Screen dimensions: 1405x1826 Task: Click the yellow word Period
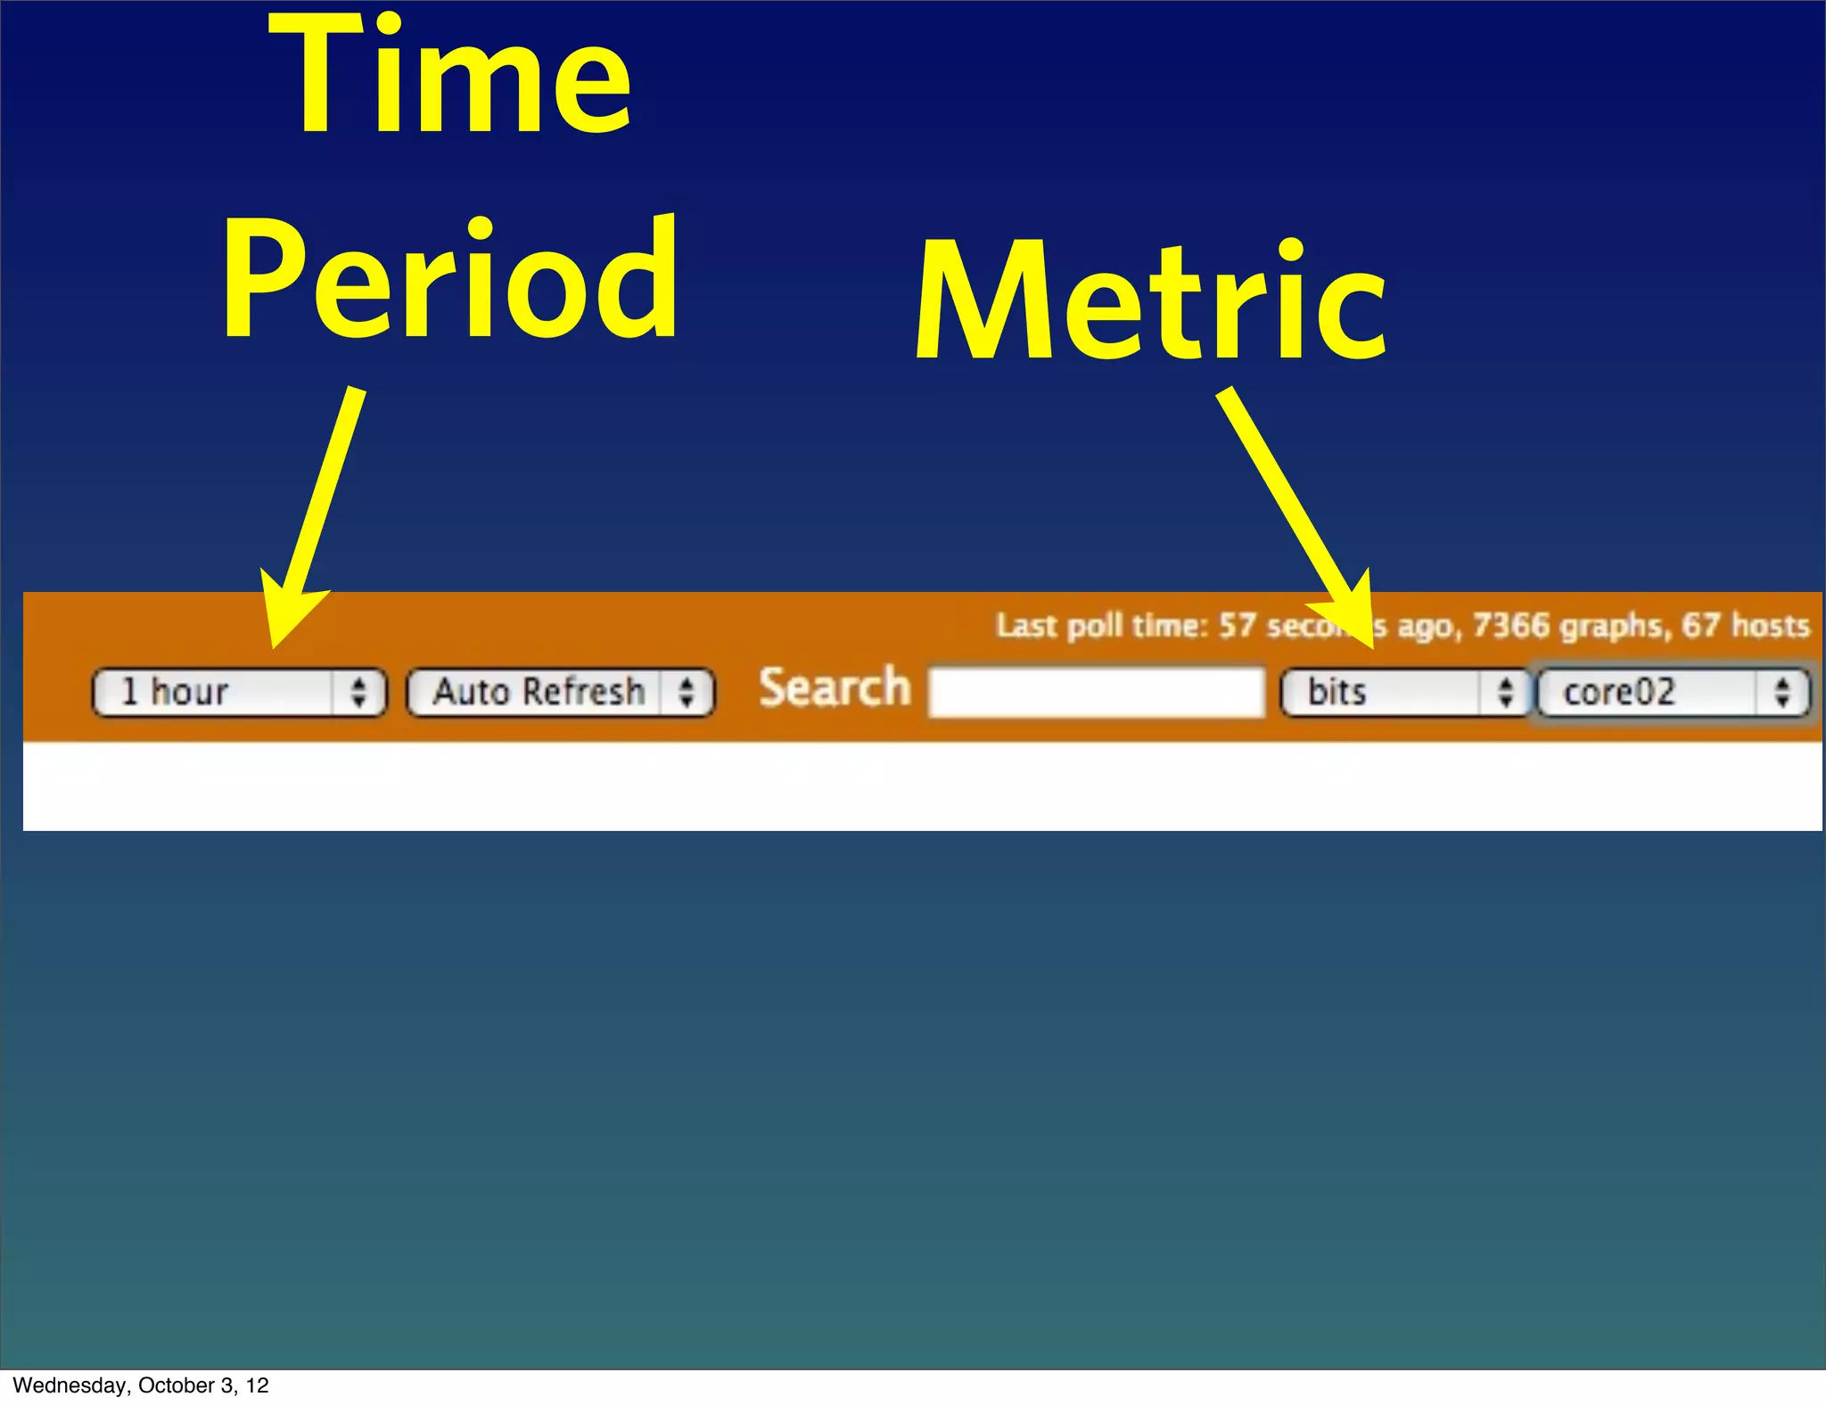click(450, 278)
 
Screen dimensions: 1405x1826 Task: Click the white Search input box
click(1097, 692)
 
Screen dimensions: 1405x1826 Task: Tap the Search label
click(835, 688)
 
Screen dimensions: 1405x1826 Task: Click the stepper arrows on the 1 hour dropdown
click(358, 693)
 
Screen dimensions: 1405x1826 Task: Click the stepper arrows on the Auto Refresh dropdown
click(687, 693)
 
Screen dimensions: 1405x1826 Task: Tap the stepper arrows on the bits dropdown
click(1505, 693)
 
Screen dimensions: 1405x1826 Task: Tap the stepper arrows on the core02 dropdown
click(1781, 693)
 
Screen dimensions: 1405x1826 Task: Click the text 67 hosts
click(1746, 626)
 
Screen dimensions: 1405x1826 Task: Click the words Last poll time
click(1101, 626)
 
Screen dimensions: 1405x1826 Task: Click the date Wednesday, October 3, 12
click(141, 1385)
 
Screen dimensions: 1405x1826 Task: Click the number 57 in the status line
click(1237, 626)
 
